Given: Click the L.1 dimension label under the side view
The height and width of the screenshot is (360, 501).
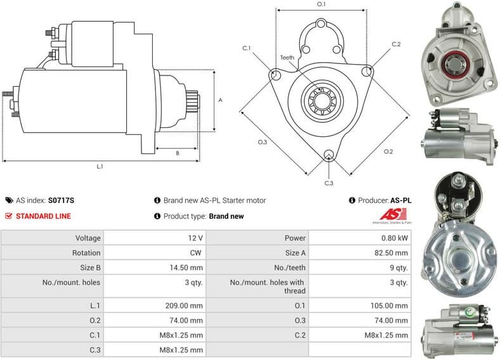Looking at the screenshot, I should [100, 167].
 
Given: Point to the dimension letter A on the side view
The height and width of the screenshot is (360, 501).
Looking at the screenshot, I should [220, 100].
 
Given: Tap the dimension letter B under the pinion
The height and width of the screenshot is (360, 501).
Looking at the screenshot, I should [177, 153].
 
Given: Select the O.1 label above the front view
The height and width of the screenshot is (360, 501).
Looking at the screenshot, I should [321, 4].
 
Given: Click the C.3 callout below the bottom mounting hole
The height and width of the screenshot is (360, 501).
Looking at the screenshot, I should [329, 183].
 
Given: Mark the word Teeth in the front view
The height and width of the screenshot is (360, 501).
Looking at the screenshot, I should [287, 58].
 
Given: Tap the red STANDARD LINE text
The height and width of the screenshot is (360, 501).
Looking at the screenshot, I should [43, 216].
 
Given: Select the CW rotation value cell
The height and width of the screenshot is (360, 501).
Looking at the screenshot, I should [196, 253].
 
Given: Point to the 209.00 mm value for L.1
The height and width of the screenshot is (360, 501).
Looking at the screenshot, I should [185, 305].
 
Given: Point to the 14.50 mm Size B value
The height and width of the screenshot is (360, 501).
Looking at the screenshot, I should [186, 267].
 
